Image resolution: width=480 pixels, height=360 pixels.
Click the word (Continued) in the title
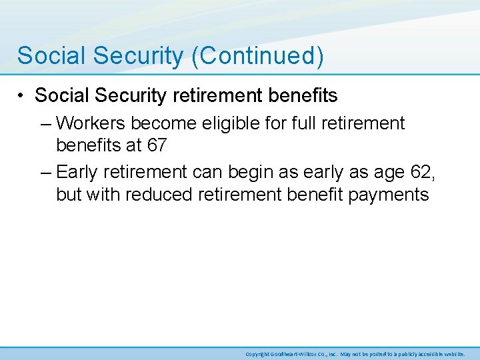pyautogui.click(x=257, y=56)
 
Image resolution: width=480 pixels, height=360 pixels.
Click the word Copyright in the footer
pyautogui.click(x=257, y=354)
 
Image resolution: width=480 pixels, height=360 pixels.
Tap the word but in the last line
pyautogui.click(x=70, y=195)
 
